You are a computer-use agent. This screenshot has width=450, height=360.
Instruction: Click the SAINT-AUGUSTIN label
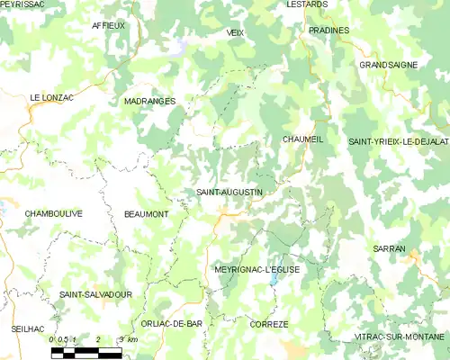point(229,193)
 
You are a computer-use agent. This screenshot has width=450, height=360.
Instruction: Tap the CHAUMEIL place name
point(302,139)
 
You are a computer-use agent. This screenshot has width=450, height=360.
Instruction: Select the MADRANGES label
point(149,102)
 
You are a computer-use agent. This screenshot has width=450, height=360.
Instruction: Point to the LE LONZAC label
point(50,97)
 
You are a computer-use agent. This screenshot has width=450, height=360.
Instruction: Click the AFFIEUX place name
point(108,26)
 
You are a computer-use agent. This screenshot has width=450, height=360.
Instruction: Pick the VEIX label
point(236,31)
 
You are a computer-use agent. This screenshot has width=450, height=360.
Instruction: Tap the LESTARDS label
point(306,4)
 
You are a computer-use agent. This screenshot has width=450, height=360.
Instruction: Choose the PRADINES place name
point(328,30)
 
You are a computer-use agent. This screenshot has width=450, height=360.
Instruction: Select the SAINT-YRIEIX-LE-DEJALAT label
point(399,142)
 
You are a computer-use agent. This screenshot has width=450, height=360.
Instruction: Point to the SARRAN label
point(390,247)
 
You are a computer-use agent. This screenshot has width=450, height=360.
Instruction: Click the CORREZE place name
point(269,324)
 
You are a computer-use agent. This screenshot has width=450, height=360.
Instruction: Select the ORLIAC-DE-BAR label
point(171,323)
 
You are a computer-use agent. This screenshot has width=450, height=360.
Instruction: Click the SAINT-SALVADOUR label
point(95,294)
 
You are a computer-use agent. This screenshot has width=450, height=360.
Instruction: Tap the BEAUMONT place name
point(146,214)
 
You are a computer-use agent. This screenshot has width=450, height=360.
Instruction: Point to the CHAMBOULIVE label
point(54,213)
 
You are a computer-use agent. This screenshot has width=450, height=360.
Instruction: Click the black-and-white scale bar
point(85,352)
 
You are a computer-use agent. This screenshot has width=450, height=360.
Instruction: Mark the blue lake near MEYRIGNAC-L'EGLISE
point(274,280)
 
